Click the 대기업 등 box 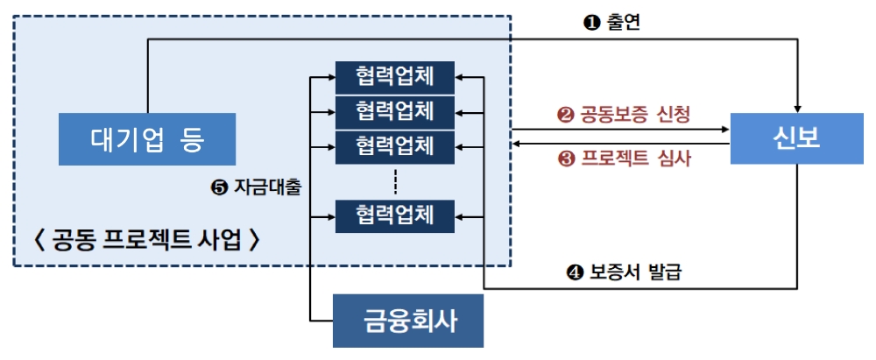coord(146,138)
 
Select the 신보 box coord(796,138)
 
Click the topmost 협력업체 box coord(394,76)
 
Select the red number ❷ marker coord(565,115)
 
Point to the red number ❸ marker coord(565,159)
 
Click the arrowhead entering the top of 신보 coord(796,106)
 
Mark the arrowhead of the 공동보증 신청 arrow coord(726,130)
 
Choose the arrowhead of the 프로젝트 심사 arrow coord(516,142)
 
